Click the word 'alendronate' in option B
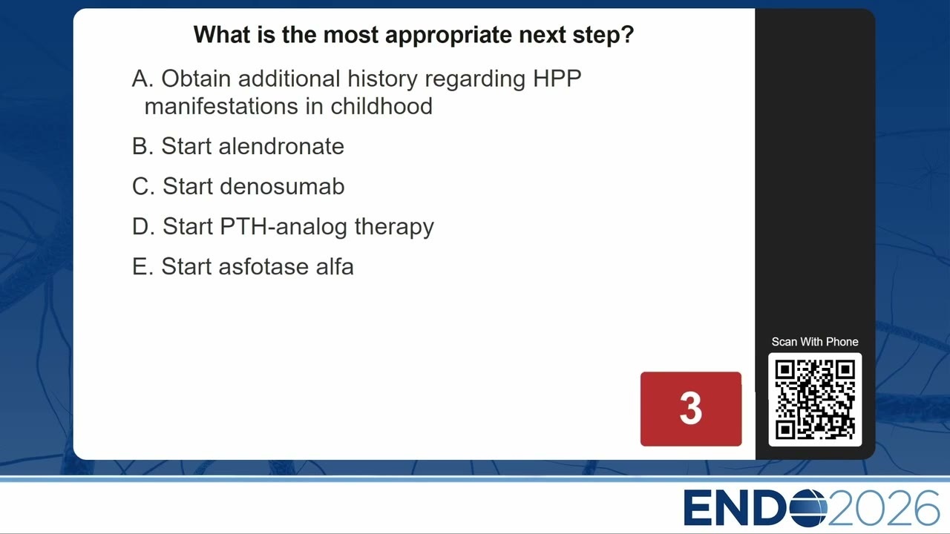281,146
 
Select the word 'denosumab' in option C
282,186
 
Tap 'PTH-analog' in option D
284,226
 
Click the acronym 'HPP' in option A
557,79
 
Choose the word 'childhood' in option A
381,106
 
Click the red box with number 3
691,409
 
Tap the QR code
815,399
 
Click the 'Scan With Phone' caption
815,342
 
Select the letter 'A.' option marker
142,79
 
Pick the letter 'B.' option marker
142,146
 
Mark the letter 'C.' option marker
143,186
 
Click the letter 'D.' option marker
143,226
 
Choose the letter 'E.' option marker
142,266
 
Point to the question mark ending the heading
628,34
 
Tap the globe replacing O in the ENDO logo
808,508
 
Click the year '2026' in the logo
883,508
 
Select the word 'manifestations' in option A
221,106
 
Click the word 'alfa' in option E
335,266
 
